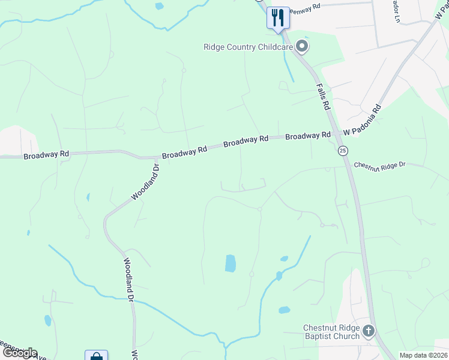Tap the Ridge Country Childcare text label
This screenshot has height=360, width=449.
(x=248, y=47)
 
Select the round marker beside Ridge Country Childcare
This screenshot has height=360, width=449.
(x=303, y=46)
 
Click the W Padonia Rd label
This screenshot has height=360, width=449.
(x=363, y=121)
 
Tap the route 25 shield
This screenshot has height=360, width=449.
(x=342, y=150)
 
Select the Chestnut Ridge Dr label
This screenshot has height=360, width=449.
(x=380, y=164)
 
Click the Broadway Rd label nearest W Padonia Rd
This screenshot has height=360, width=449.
(x=308, y=136)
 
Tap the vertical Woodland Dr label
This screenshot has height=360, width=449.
(x=128, y=278)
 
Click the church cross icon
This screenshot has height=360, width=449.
(x=368, y=330)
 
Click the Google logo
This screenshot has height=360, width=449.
(x=19, y=353)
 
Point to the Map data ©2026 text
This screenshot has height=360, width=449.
(x=423, y=355)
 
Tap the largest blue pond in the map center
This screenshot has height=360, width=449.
(x=231, y=263)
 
